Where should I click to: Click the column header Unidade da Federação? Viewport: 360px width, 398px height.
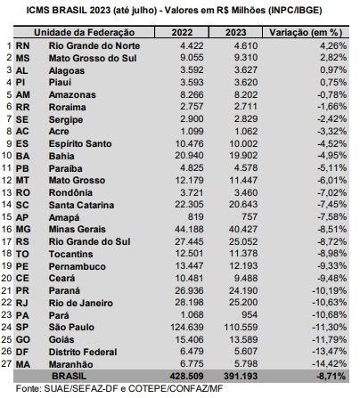pos(84,32)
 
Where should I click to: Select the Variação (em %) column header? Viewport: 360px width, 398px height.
pos(306,32)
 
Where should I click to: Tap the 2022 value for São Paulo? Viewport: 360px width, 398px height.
pos(187,327)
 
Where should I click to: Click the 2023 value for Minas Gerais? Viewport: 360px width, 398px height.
pos(243,229)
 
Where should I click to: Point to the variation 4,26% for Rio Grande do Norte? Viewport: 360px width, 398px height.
pos(333,45)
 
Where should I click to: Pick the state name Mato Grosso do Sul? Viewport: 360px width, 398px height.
pos(93,58)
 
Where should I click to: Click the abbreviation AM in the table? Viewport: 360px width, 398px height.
pos(23,94)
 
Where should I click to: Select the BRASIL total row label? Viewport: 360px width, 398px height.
pos(69,376)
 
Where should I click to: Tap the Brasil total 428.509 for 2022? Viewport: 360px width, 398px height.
pos(186,376)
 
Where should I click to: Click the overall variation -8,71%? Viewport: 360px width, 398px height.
pos(331,376)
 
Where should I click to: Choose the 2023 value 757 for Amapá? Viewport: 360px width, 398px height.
pos(249,216)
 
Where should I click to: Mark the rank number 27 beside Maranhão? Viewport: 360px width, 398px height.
pos(6,363)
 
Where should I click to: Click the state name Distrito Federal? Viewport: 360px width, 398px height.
pos(83,352)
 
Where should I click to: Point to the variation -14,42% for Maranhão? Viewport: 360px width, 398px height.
pos(330,363)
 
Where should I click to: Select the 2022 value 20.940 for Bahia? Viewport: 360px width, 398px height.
pos(189,156)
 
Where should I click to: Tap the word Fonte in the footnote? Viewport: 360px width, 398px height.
pos(29,388)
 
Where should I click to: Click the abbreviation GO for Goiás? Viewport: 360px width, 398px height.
pos(23,339)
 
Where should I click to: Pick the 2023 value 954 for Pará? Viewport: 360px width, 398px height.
pos(250,315)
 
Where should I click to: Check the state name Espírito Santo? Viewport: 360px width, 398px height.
pos(80,143)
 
